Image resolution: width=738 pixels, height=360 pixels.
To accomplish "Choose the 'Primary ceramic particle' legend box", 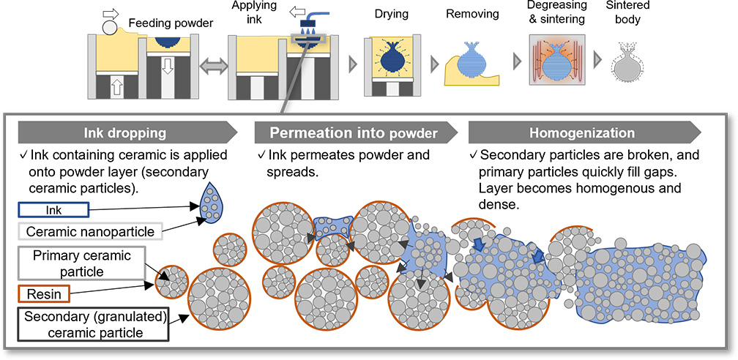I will pyautogui.click(x=80, y=264).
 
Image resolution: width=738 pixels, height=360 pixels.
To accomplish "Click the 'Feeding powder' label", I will pyautogui.click(x=171, y=23).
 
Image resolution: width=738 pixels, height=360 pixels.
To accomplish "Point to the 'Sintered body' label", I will pyautogui.click(x=628, y=12).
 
